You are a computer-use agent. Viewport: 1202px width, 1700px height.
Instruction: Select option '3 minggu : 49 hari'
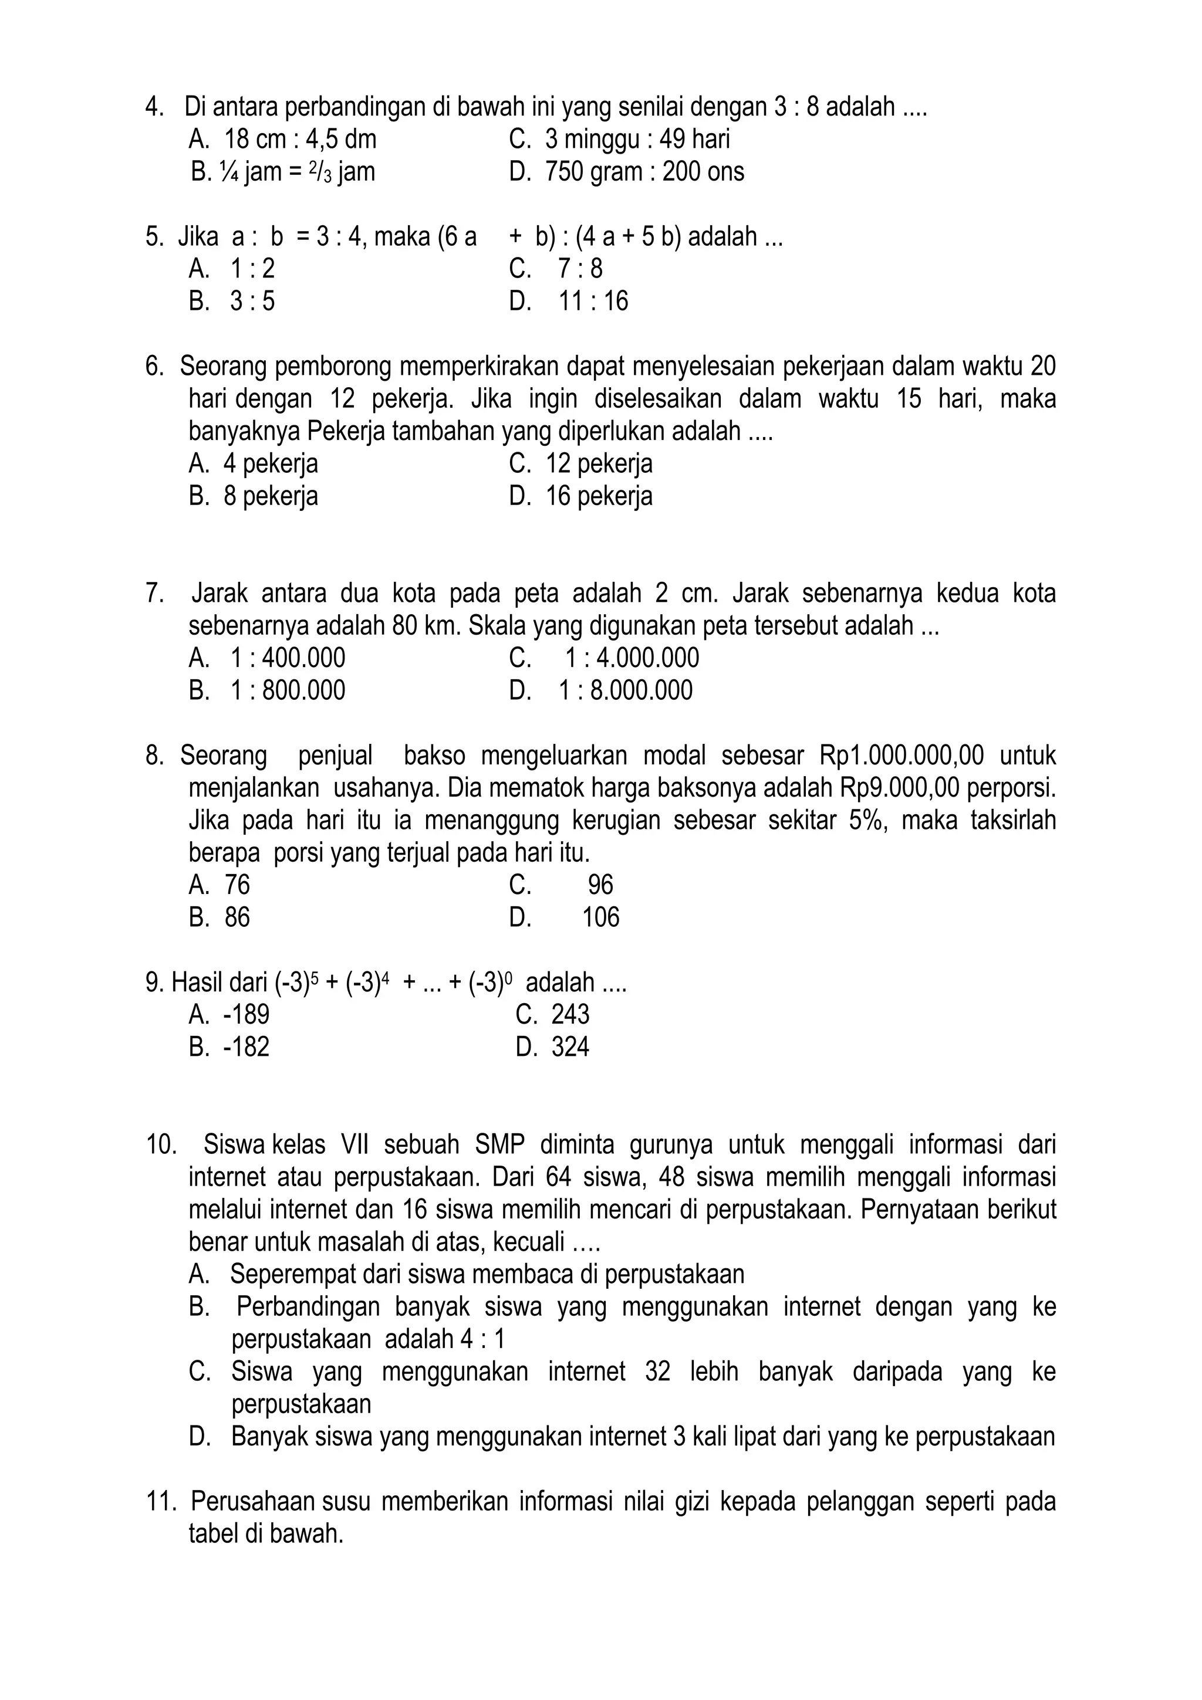637,139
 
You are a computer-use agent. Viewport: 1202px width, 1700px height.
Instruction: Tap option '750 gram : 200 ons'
644,172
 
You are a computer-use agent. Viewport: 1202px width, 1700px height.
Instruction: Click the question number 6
153,366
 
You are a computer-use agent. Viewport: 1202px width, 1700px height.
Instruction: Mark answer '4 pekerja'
271,463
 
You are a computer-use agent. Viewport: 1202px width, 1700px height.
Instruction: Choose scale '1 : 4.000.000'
632,658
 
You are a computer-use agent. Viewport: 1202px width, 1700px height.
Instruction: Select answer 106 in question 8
600,917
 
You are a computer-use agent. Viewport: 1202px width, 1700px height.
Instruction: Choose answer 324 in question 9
570,1047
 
